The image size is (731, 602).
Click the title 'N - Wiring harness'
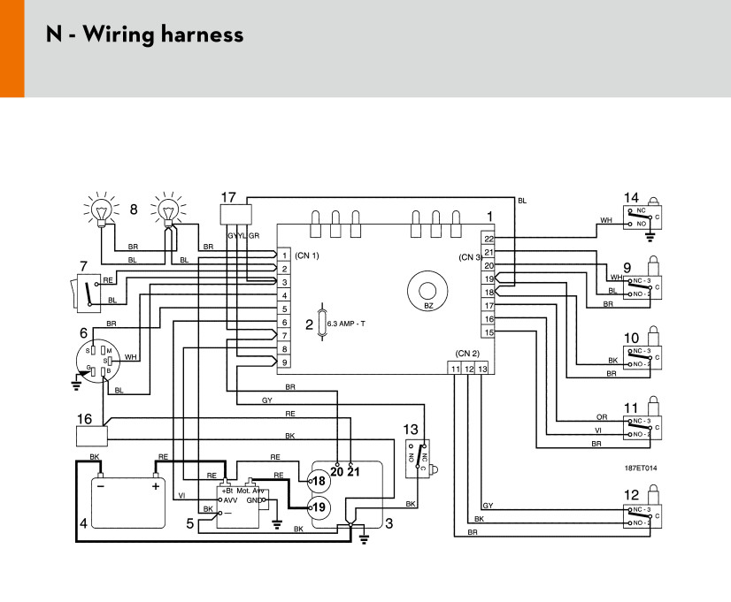[144, 35]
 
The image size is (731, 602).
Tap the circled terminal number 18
[318, 481]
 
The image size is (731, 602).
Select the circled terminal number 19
[318, 507]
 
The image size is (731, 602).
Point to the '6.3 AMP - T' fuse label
[346, 324]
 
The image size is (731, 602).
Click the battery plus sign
[156, 485]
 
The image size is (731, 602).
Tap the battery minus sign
[102, 485]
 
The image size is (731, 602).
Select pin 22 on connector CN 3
[489, 239]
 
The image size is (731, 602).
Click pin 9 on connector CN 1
[284, 362]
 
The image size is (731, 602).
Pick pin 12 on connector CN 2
[470, 368]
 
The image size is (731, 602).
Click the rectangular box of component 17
[235, 214]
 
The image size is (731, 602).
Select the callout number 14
[631, 198]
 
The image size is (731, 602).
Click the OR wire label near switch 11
[601, 416]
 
